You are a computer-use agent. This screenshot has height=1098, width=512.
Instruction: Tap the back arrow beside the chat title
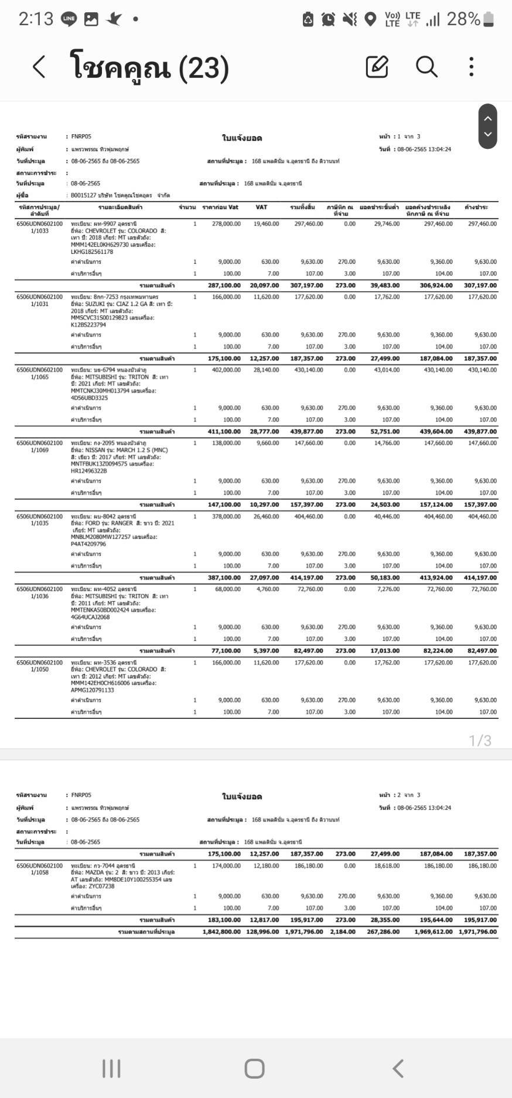[x=39, y=67]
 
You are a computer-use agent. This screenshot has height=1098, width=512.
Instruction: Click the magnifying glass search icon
[x=426, y=67]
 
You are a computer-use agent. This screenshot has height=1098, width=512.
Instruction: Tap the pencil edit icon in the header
[x=377, y=67]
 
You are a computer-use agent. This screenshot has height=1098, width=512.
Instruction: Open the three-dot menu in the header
[x=471, y=67]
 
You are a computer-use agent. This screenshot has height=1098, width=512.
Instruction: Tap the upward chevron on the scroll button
[x=487, y=118]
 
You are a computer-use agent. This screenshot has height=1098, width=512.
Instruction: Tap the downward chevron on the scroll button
[x=487, y=134]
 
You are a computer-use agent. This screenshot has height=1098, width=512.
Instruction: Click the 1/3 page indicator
[x=480, y=741]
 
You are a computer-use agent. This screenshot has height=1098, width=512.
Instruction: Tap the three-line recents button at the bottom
[x=111, y=1068]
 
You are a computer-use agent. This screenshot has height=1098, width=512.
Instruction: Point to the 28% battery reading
[x=463, y=19]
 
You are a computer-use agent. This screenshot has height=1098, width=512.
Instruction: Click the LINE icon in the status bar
[x=69, y=19]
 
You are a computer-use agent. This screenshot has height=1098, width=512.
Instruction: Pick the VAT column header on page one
[x=261, y=207]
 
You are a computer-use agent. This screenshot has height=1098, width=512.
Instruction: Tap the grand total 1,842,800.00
[x=221, y=932]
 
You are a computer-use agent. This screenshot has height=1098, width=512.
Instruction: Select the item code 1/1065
[x=39, y=377]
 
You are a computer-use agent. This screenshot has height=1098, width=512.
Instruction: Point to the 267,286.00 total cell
[x=383, y=932]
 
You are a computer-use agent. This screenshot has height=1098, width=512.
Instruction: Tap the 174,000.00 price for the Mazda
[x=226, y=865]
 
